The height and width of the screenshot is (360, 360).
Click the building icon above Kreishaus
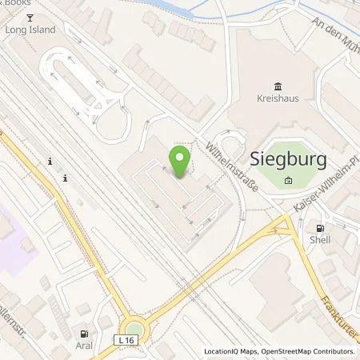click(x=277, y=86)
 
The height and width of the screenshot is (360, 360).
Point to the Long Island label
click(x=30, y=30)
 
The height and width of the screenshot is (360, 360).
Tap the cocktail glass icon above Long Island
click(x=30, y=17)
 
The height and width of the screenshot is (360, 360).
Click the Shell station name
click(x=321, y=238)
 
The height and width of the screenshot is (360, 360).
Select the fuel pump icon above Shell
click(x=321, y=226)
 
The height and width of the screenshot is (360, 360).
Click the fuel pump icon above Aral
click(x=83, y=333)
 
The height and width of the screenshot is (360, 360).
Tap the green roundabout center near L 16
click(x=135, y=330)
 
